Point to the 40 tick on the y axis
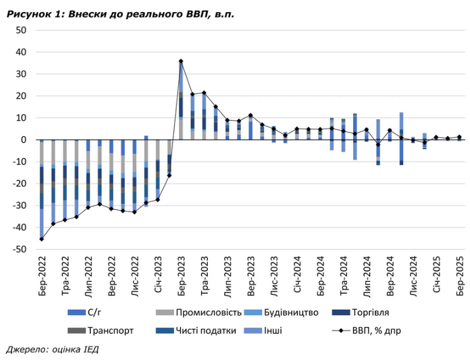click(21, 52)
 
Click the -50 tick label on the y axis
click(19, 249)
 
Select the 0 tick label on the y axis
click(24, 140)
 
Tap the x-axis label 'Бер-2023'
click(181, 279)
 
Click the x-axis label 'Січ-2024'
click(297, 279)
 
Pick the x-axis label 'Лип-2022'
click(88, 279)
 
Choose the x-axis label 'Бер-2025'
click(459, 279)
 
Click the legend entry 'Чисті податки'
click(207, 330)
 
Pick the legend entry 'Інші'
click(273, 330)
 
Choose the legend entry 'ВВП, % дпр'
click(375, 330)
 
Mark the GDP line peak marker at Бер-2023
click(181, 61)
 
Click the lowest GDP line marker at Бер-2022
click(42, 239)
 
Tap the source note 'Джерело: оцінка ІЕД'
click(52, 350)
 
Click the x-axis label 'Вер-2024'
click(389, 279)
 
